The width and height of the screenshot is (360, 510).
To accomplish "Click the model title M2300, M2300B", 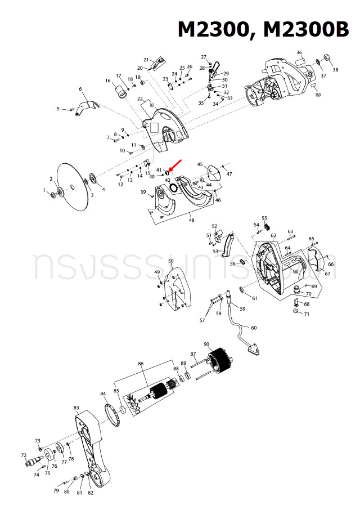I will coord(263,29).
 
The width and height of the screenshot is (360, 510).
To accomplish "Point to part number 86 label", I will coord(141,364).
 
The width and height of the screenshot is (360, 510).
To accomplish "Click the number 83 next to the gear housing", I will coord(76,408).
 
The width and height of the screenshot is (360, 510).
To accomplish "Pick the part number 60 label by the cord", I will coord(254,328).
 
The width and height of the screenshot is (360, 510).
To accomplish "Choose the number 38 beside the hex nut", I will coord(336,70).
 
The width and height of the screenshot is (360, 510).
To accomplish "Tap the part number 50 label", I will coord(170,261).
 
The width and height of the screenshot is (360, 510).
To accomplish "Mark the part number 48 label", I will coord(192,220).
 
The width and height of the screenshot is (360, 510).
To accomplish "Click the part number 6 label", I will coord(80,89).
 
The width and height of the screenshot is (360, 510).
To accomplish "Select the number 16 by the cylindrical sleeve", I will coord(107,80).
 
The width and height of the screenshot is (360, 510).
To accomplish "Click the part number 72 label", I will coord(24,455).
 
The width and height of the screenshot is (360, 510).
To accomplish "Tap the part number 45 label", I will coord(200,164).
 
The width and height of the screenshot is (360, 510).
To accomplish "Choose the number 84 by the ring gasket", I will coord(103,393).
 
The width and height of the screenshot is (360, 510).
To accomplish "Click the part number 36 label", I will coord(299,52).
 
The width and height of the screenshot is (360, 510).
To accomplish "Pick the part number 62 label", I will coord(273,235).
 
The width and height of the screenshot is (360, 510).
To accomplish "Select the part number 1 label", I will coord(44,190).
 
